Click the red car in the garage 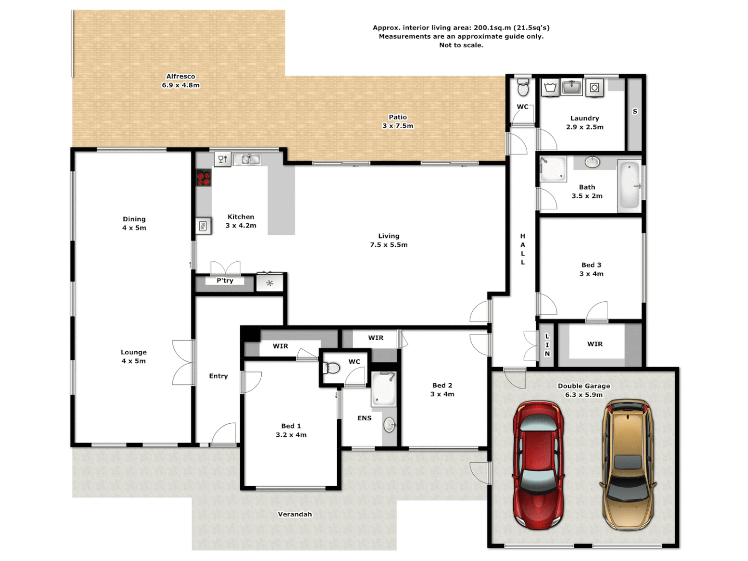tap(538, 464)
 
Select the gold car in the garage tap(627, 464)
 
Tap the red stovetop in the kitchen tap(203, 178)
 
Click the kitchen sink tap(247, 159)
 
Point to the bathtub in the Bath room tap(629, 185)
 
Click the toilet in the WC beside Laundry tap(523, 89)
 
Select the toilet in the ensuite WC tap(331, 369)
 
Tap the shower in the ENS tap(384, 389)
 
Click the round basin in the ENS tap(390, 425)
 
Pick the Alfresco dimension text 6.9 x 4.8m tap(180, 85)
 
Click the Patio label tap(398, 117)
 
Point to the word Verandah tap(295, 514)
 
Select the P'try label tap(225, 280)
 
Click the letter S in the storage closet tap(634, 112)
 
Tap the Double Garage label tap(584, 386)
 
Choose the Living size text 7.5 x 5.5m tap(389, 245)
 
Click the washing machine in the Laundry tap(594, 88)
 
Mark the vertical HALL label tap(523, 249)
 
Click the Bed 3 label tap(591, 265)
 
